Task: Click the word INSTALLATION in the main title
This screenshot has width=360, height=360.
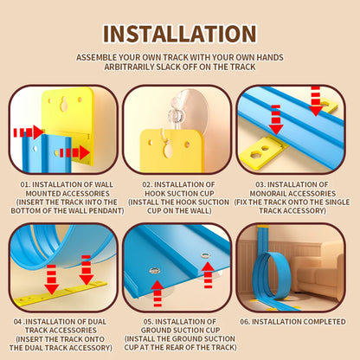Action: click(180, 34)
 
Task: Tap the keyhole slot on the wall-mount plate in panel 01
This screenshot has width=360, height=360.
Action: click(64, 104)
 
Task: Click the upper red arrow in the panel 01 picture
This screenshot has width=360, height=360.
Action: click(29, 132)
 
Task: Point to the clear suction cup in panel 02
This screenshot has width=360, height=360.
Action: click(189, 111)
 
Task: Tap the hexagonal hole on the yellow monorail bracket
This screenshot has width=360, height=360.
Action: click(255, 154)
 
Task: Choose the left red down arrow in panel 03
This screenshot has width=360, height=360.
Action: click(276, 119)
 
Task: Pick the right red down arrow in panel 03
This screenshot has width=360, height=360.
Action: click(316, 100)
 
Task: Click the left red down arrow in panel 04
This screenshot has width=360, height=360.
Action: click(51, 280)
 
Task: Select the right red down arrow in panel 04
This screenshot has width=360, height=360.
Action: click(87, 270)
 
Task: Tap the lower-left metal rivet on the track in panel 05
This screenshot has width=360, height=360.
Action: click(155, 271)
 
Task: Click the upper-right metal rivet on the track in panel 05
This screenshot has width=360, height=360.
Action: click(205, 255)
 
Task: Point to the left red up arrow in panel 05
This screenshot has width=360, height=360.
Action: click(157, 293)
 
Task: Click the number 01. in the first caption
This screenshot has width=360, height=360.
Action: click(25, 184)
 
